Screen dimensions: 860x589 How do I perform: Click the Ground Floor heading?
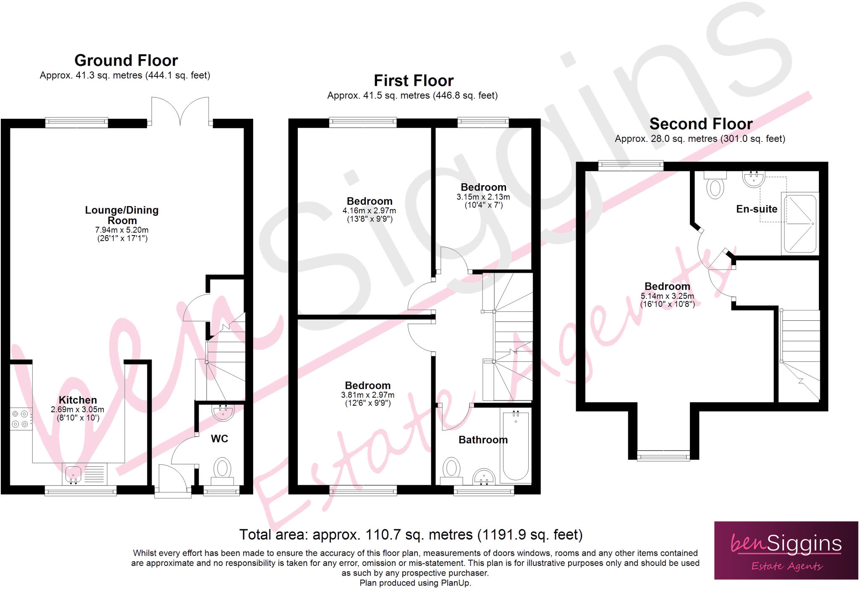[x=126, y=60]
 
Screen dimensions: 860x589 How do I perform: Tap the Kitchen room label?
[x=78, y=400]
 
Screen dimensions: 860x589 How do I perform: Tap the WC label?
[x=219, y=439]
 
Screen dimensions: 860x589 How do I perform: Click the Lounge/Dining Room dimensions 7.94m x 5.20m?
[x=122, y=230]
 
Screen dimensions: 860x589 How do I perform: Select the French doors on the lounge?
[x=180, y=111]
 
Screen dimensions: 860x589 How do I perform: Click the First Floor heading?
[x=414, y=81]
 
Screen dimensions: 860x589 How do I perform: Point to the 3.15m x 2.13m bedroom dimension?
[x=483, y=197]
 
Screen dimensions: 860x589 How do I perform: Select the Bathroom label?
[x=483, y=440]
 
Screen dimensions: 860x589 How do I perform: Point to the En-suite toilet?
[x=715, y=185]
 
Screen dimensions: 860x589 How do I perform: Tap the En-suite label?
[x=757, y=209]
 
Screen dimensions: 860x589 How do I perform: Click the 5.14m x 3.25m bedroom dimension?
[x=667, y=296]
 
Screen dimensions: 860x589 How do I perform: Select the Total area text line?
[x=411, y=534]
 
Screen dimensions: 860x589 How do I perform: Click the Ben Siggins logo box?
[x=786, y=550]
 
